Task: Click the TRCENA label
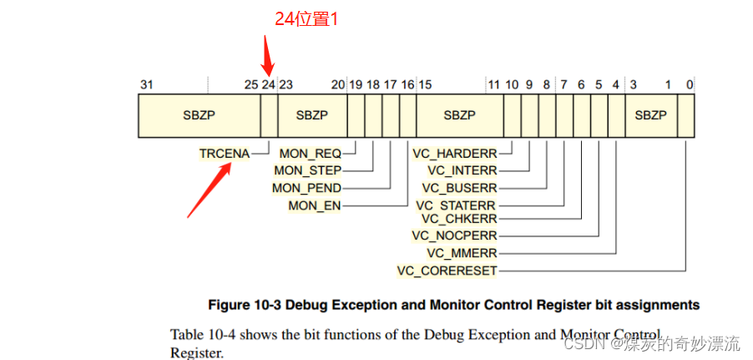(x=223, y=154)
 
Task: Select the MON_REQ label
(x=310, y=154)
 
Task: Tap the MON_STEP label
(x=307, y=170)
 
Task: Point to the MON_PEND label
(x=306, y=188)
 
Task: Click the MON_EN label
(x=315, y=205)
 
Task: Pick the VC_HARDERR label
(x=455, y=154)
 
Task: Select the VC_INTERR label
(x=462, y=170)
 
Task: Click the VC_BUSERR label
(x=459, y=188)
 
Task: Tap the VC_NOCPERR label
(x=454, y=236)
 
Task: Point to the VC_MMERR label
(x=462, y=252)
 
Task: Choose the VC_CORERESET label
(x=447, y=270)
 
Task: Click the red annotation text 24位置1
(x=306, y=18)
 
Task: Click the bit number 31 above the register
(x=146, y=84)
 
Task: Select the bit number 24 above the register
(x=268, y=84)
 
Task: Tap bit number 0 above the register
(x=690, y=84)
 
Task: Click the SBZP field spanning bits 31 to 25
(x=199, y=115)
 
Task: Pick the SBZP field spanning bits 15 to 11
(x=459, y=115)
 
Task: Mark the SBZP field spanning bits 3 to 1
(x=651, y=115)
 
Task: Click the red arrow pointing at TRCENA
(x=209, y=190)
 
